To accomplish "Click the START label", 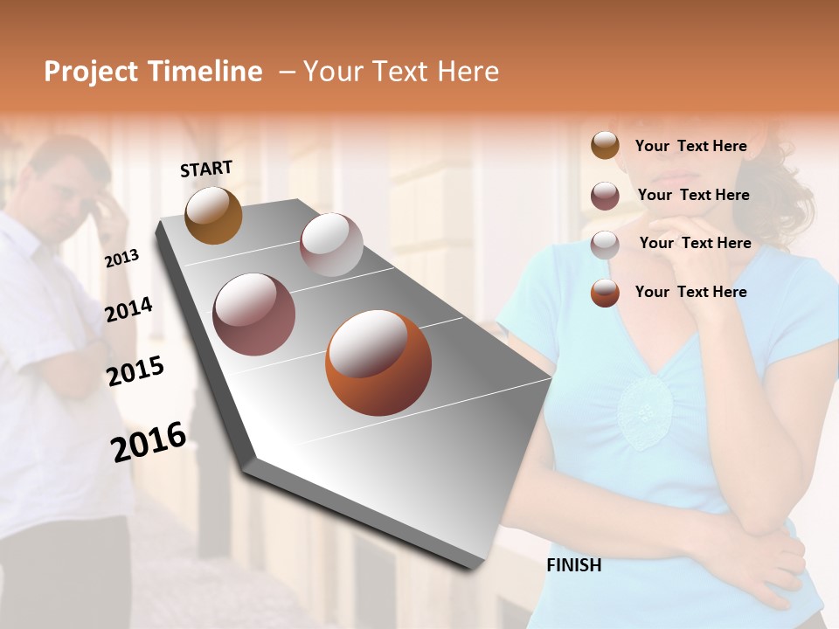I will coord(206,169).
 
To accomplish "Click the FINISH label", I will coord(573,565).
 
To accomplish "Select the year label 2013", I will coord(121,258).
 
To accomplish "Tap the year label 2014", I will coord(128,309).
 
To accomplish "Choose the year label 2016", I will coord(149,442).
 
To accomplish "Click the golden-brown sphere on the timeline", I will coord(213,215).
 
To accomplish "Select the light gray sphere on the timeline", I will coord(331,245).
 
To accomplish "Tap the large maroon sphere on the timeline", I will coord(253,314).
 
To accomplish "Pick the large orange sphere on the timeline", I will coord(378,363).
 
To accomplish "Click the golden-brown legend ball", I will coord(605,146).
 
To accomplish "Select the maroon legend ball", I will coord(605,196).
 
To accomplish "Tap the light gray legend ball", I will coord(605,244).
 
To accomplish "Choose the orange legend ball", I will coord(605,293).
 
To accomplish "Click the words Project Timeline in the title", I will coord(153,72).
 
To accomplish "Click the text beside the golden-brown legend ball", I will coord(690,146).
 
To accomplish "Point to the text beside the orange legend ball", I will coord(690,292).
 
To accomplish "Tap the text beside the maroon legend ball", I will coord(693,195).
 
